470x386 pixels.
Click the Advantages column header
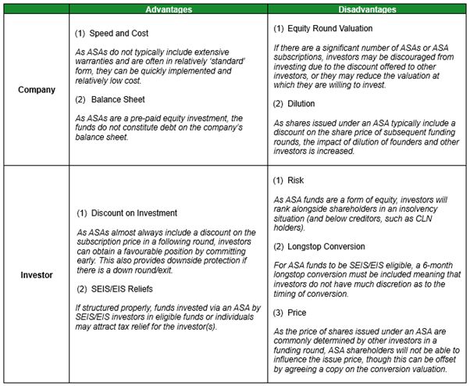168,9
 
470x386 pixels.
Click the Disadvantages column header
368,9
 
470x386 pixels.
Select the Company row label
37,90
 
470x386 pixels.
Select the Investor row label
37,275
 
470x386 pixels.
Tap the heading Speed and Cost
118,34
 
